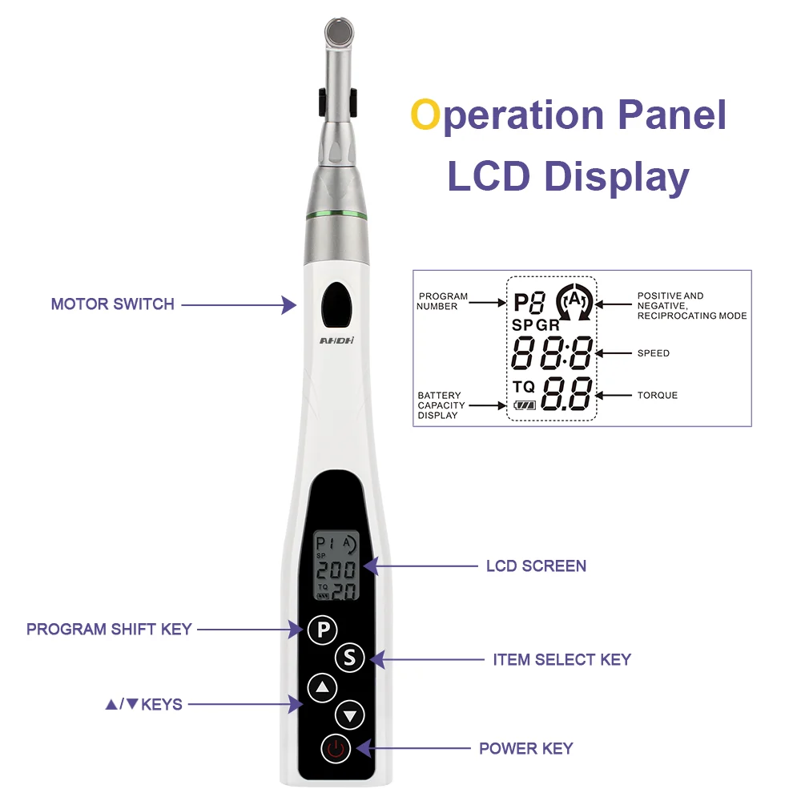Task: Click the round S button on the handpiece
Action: [x=349, y=658]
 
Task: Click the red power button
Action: [x=336, y=749]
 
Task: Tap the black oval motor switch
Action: [x=336, y=304]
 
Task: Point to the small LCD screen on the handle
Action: [x=336, y=565]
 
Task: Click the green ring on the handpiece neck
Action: [x=336, y=215]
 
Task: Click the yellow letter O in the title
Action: [x=425, y=115]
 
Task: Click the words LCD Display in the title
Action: [x=568, y=176]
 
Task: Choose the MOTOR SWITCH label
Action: [x=112, y=304]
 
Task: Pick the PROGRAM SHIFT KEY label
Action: [x=109, y=630]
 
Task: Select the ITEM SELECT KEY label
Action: [x=562, y=660]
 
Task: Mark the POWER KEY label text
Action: [x=525, y=749]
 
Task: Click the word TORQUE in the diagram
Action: [x=658, y=395]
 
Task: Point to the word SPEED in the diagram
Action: [x=653, y=353]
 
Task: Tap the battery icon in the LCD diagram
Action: [x=525, y=405]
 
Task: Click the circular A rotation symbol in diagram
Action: [x=573, y=302]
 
